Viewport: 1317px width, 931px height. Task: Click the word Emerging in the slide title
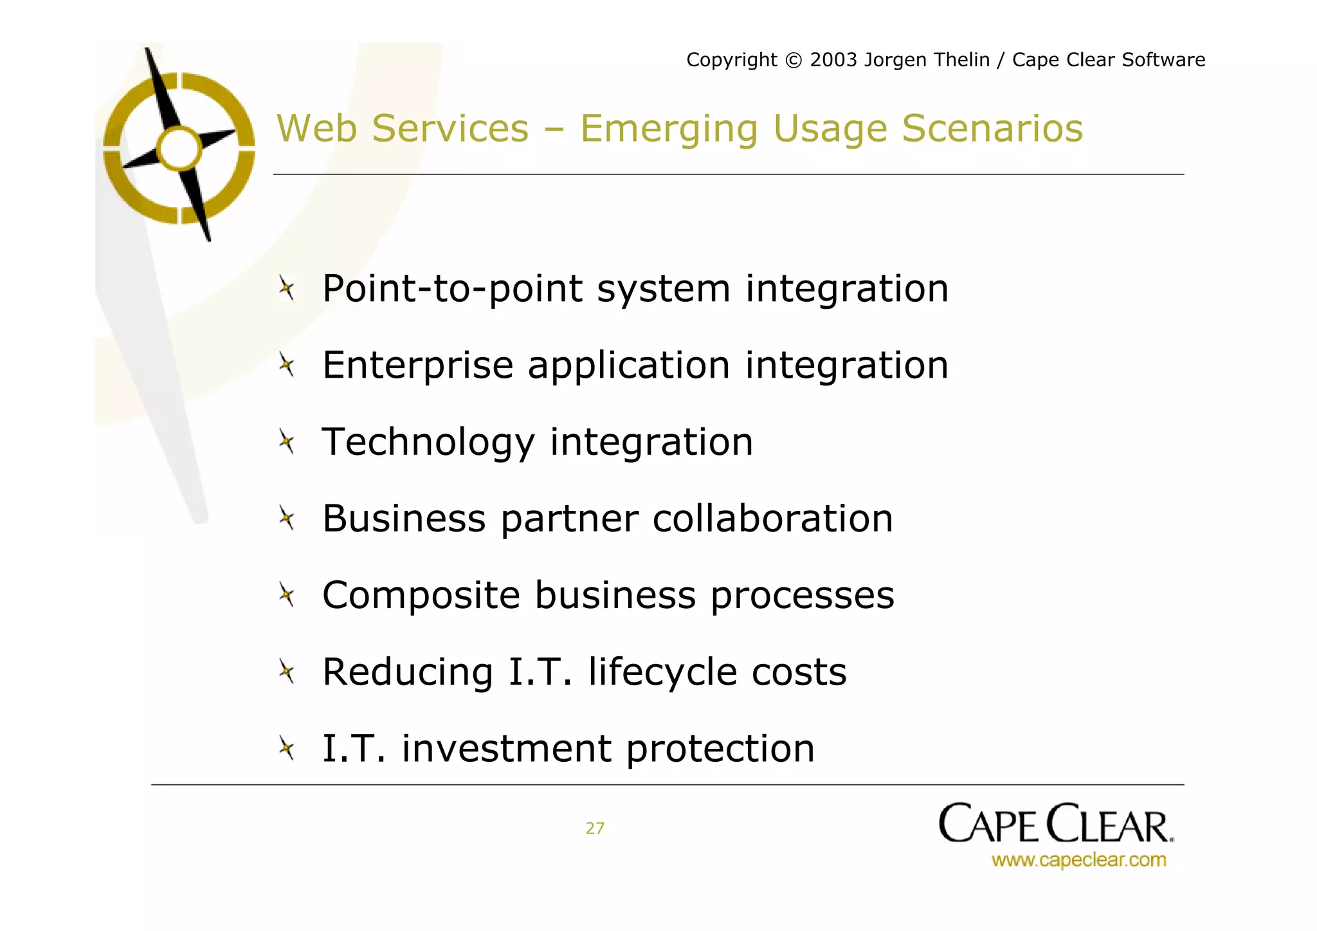tap(669, 129)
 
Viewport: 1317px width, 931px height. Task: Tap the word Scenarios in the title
tap(992, 128)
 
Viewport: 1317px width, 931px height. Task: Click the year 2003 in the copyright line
tap(833, 60)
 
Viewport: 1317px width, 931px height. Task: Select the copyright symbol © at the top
tap(794, 60)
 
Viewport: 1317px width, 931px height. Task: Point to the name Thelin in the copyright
tap(960, 60)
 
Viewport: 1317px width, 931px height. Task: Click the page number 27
tap(595, 829)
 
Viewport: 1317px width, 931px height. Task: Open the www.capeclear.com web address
tap(1078, 860)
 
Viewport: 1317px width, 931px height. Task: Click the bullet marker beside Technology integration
tap(287, 442)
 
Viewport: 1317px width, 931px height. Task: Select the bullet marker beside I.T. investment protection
tap(287, 748)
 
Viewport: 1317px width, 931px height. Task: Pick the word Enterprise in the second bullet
tap(418, 365)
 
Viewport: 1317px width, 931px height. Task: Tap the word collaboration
tap(773, 519)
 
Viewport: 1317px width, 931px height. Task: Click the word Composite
tap(421, 595)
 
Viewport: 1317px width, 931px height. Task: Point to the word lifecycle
tap(662, 672)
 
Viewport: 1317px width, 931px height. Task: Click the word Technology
tap(428, 443)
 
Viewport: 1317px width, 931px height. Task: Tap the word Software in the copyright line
tap(1163, 60)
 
